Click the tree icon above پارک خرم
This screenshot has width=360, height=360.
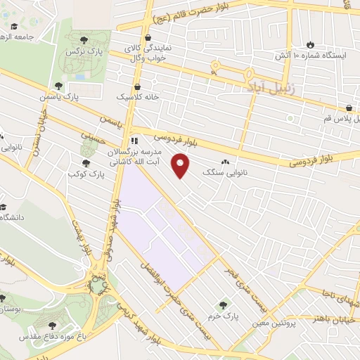223,305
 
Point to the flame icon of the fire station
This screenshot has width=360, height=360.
309,42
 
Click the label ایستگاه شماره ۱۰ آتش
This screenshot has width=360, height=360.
310,55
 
